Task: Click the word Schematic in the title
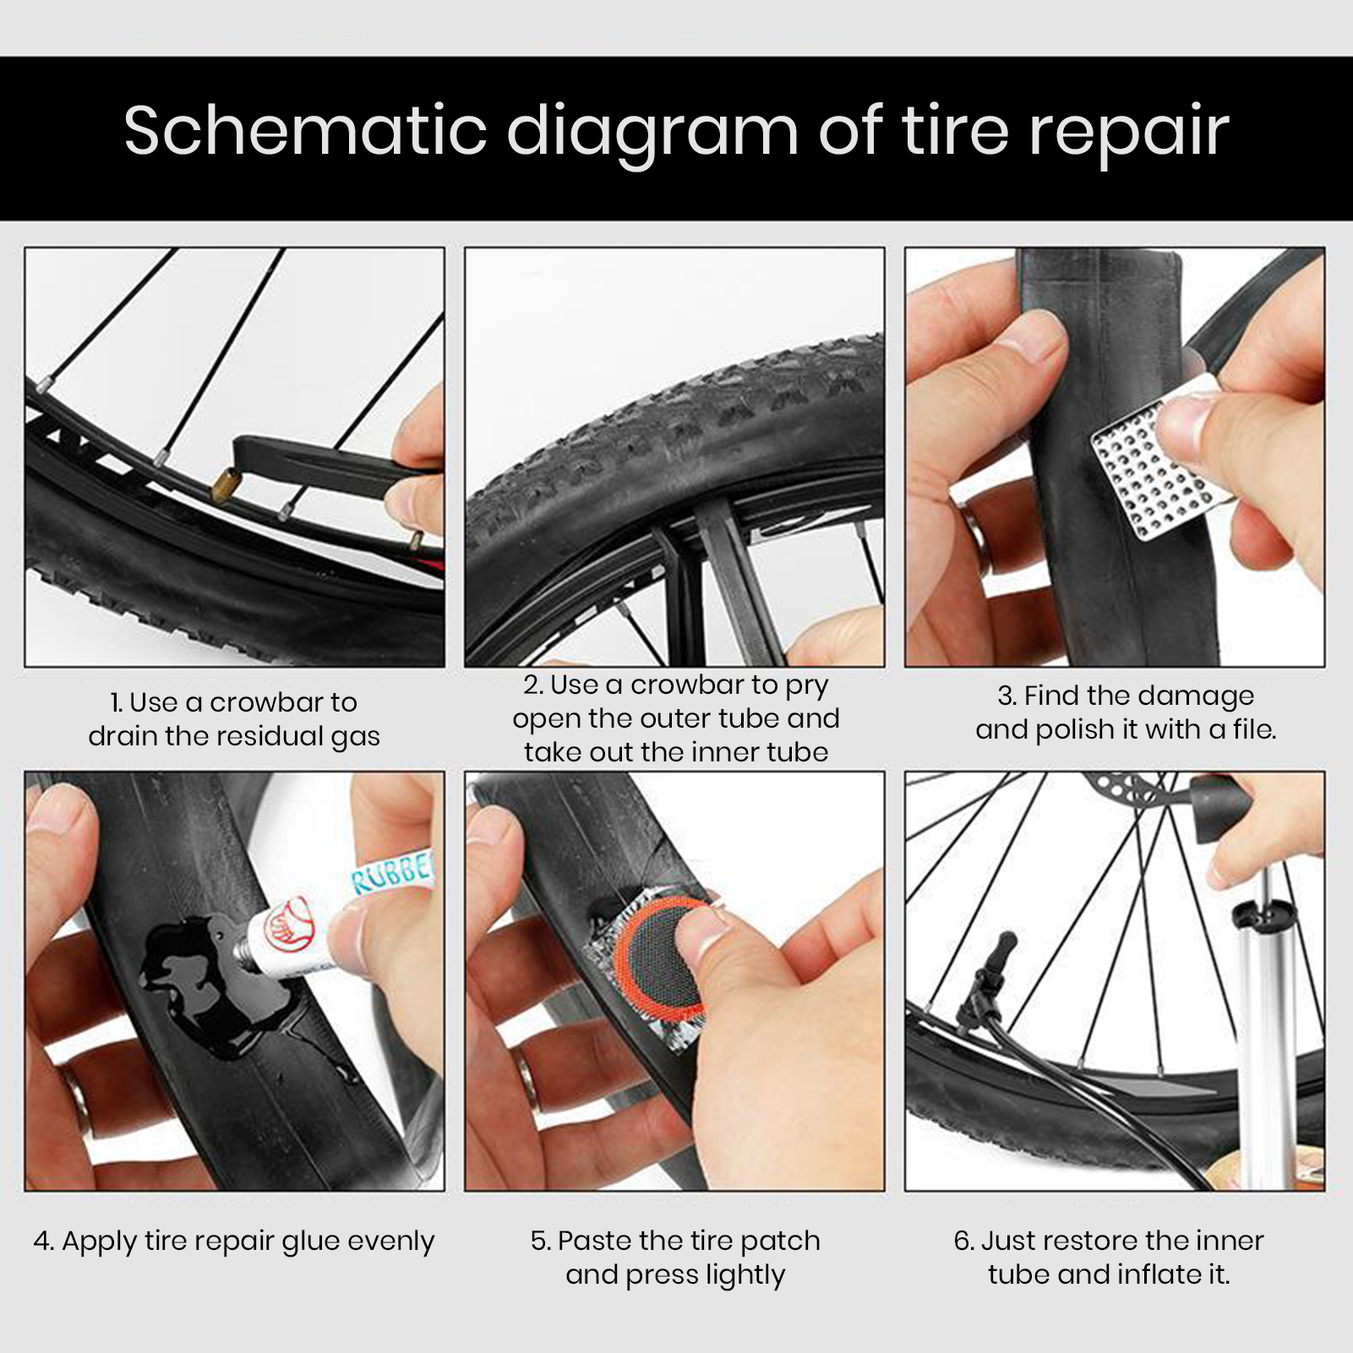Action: tap(304, 132)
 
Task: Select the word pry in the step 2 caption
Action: tap(807, 685)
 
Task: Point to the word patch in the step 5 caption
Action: tap(779, 1241)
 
